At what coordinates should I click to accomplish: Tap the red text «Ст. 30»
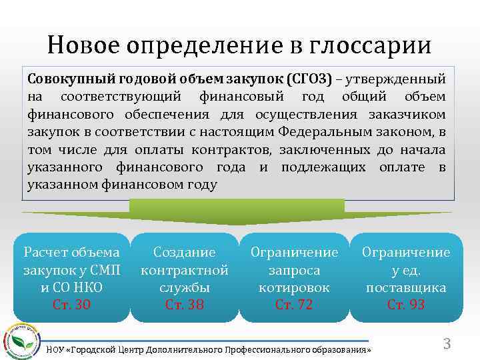pyautogui.click(x=71, y=305)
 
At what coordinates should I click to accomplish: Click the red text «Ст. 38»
pyautogui.click(x=185, y=305)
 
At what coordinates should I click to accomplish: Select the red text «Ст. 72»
pyautogui.click(x=294, y=305)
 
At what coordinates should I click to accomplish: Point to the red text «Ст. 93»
pyautogui.click(x=406, y=305)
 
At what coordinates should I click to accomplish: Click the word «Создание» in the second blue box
pyautogui.click(x=185, y=253)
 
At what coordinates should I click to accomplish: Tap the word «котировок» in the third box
pyautogui.click(x=294, y=288)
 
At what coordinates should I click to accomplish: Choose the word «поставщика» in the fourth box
pyautogui.click(x=406, y=288)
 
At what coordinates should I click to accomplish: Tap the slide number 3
pyautogui.click(x=447, y=344)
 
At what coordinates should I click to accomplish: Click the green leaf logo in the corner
pyautogui.click(x=22, y=338)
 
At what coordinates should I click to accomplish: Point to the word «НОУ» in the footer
pyautogui.click(x=56, y=350)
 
